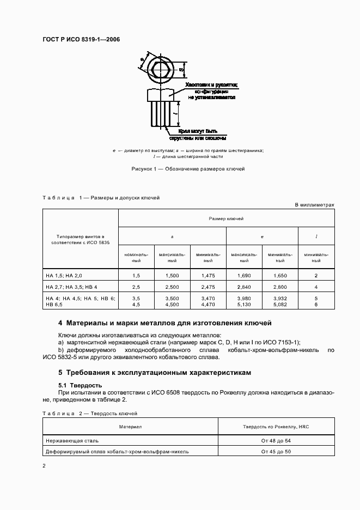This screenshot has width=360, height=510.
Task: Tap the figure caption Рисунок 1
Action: point(188,169)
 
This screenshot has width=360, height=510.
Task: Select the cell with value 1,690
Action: point(244,276)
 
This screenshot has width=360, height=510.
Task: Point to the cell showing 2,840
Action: point(244,287)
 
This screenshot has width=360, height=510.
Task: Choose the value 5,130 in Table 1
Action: point(244,305)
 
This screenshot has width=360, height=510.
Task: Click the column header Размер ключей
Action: point(226,218)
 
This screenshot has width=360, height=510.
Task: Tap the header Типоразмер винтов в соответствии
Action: point(80,240)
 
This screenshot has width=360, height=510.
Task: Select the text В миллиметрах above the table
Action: point(314,205)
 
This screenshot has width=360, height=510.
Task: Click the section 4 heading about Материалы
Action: point(164,323)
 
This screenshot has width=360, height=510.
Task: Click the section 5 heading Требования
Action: point(155,373)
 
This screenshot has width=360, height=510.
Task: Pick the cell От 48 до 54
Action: point(276,440)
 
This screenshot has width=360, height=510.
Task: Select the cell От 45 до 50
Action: point(276,451)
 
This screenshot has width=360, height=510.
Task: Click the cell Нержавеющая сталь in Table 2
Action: point(72,440)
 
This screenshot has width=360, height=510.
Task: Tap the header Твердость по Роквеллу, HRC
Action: point(276,427)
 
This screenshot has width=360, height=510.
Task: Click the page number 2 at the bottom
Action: point(44,466)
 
